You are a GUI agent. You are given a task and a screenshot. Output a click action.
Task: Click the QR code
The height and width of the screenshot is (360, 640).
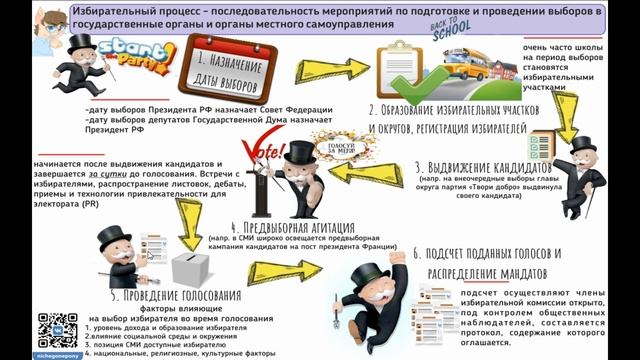tap(57, 331)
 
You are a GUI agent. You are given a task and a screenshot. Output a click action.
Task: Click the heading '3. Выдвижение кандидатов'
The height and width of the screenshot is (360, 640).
tap(478, 168)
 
